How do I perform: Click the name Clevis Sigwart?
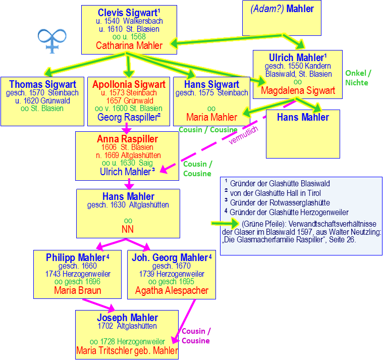[x=128, y=12]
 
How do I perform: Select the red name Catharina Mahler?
[x=129, y=46]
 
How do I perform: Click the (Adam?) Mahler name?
[x=282, y=9]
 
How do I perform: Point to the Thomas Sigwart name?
[x=42, y=84]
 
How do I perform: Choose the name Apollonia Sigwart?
[x=129, y=84]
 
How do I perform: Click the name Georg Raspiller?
[x=128, y=118]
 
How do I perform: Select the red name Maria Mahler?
[x=211, y=118]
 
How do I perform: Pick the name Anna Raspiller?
[x=127, y=139]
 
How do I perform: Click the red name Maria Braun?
[x=77, y=291]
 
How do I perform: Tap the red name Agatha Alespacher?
[x=172, y=291]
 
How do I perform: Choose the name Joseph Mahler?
[x=127, y=318]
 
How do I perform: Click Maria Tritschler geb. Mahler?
[x=127, y=350]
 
